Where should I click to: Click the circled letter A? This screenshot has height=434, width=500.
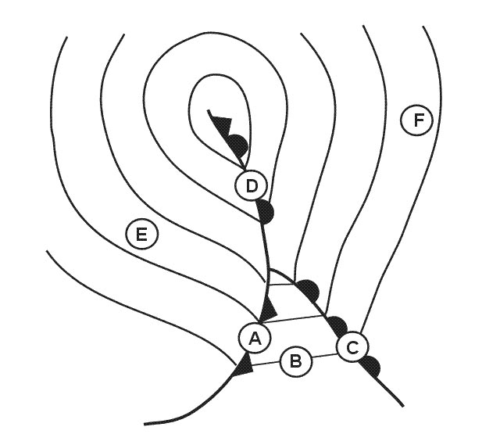[x=255, y=338]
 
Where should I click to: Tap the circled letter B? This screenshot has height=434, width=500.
[x=296, y=361]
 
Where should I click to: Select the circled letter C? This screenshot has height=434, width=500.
[x=352, y=347]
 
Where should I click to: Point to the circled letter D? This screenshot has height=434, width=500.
[x=251, y=186]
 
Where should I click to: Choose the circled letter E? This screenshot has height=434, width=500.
[x=141, y=235]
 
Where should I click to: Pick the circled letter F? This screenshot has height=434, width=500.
[x=416, y=120]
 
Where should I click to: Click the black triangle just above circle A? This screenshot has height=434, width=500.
[x=269, y=308]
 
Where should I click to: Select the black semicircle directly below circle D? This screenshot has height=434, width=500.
[x=266, y=211]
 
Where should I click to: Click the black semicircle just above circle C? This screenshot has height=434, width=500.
[x=338, y=325]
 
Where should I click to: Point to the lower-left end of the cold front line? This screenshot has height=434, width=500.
[x=144, y=425]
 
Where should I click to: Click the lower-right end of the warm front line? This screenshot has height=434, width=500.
[x=403, y=406]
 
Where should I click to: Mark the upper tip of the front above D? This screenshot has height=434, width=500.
[x=209, y=111]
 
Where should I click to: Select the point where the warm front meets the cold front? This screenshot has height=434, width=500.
[x=270, y=270]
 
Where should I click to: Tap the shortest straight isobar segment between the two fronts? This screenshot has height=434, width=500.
[x=281, y=284]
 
